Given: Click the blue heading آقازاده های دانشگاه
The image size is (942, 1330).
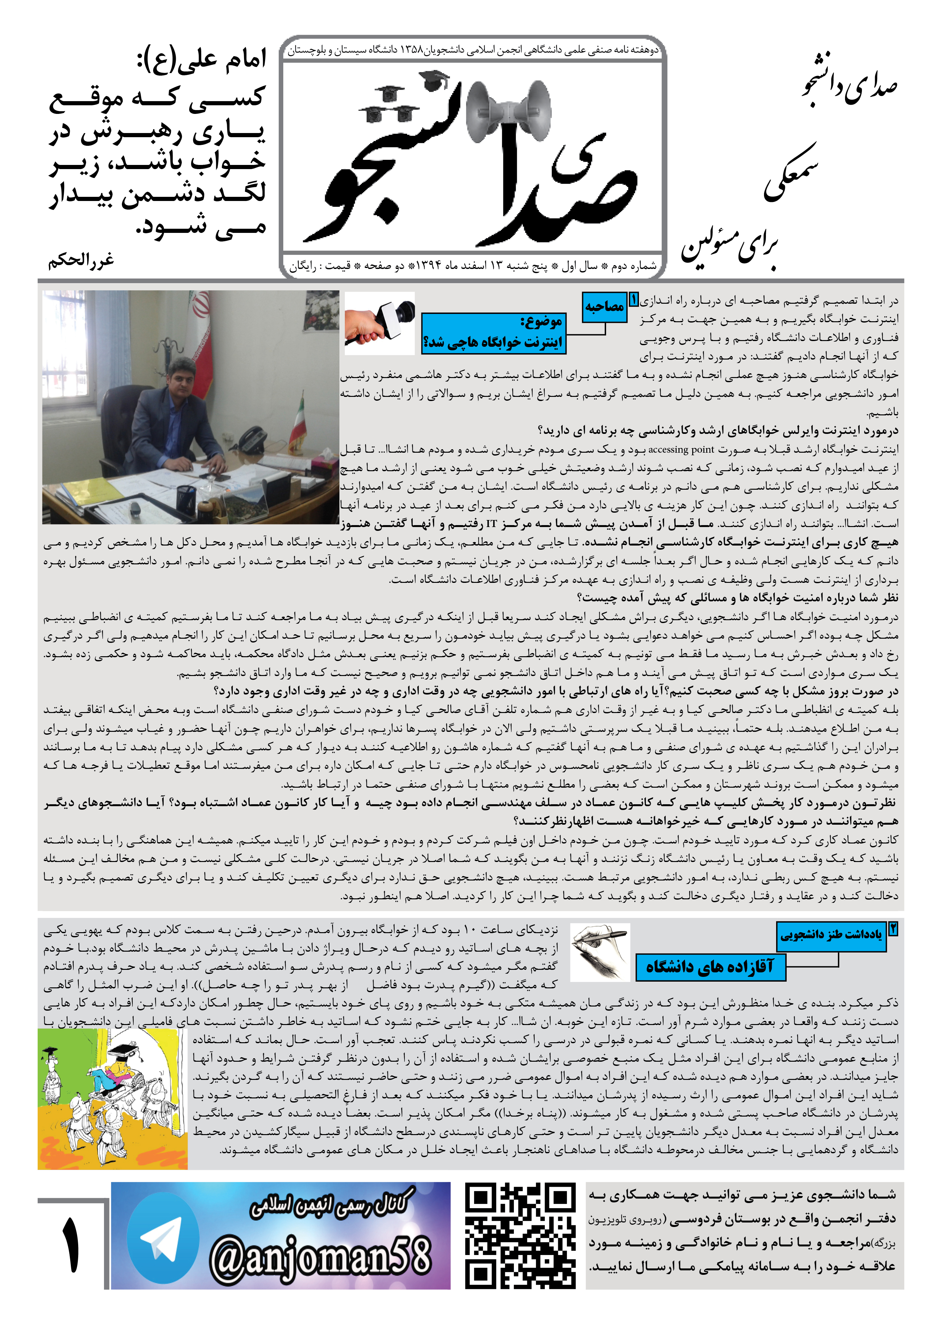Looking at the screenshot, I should [710, 966].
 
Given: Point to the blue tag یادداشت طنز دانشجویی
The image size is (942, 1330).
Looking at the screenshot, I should [831, 934].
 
